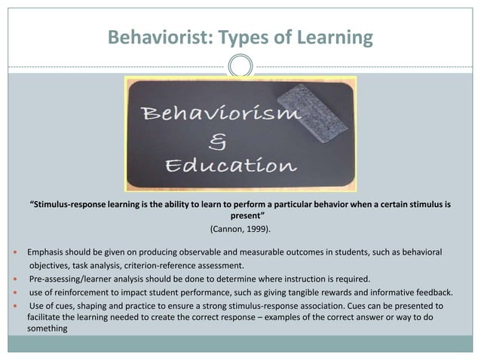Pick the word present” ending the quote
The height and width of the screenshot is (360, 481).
(240, 215)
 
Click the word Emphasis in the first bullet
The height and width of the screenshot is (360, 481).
(47, 251)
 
